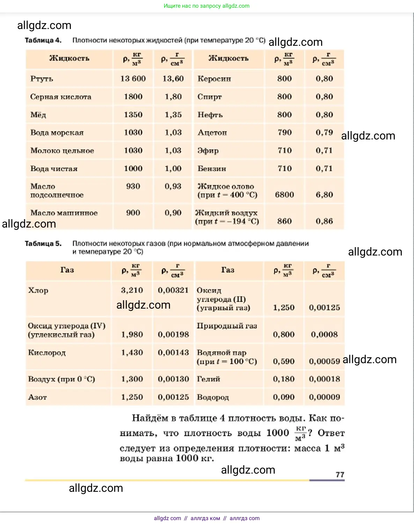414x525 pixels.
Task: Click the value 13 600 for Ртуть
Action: tap(133, 79)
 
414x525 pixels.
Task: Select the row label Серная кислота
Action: tap(61, 97)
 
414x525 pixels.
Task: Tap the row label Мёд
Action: tap(38, 115)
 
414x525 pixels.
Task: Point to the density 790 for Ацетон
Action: tap(284, 132)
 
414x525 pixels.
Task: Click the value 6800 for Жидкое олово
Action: tap(284, 195)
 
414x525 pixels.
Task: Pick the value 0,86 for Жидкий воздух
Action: tap(324, 221)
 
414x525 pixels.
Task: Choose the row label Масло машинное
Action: tap(64, 213)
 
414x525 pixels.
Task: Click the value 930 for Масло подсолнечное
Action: tap(133, 186)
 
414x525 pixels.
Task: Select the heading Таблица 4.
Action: tap(43, 40)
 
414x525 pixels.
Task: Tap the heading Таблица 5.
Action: tap(43, 244)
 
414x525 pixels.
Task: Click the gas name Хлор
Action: tap(38, 290)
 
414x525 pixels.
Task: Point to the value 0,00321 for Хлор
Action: tap(173, 290)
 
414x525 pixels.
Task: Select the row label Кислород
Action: tap(47, 353)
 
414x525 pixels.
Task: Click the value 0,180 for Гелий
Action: tap(283, 379)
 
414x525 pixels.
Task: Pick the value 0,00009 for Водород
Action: tap(324, 397)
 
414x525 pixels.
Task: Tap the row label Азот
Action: tap(37, 397)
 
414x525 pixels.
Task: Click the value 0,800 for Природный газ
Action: tap(283, 335)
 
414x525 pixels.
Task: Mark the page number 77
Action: tap(340, 475)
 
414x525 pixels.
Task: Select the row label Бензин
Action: tap(212, 169)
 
